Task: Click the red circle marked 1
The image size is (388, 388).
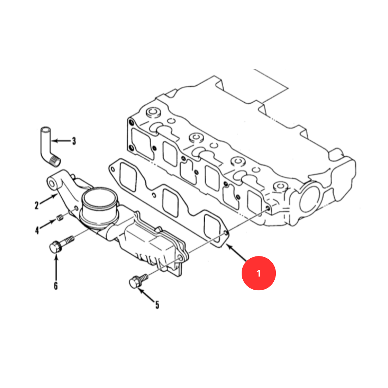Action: click(259, 273)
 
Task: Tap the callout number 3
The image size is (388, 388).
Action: click(74, 141)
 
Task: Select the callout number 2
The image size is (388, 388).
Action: click(37, 205)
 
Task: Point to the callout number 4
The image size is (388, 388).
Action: click(37, 230)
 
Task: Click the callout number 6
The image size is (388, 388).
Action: click(56, 286)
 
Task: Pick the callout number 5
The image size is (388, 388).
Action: click(157, 305)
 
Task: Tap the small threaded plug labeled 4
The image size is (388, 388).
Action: click(60, 218)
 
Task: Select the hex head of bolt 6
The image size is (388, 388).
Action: click(55, 247)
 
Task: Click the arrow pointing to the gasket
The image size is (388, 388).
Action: click(237, 253)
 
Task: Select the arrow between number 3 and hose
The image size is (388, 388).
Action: click(61, 141)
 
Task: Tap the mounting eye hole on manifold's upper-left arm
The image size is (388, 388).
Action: click(52, 184)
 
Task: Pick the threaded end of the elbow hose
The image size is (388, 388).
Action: click(55, 161)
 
